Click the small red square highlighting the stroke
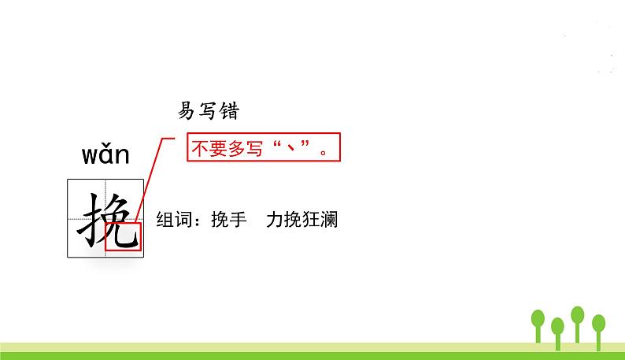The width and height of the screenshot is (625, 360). [123, 237]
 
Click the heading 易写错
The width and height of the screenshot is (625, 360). [208, 111]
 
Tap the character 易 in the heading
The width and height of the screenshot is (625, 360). [187, 111]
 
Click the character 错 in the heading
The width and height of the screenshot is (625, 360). [227, 111]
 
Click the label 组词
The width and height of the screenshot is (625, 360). [174, 220]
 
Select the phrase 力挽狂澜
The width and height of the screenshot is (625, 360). [302, 220]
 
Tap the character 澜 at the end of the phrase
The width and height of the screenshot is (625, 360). [329, 220]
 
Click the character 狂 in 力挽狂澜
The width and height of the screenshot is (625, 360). [311, 220]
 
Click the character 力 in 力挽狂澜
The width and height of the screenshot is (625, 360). [274, 220]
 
